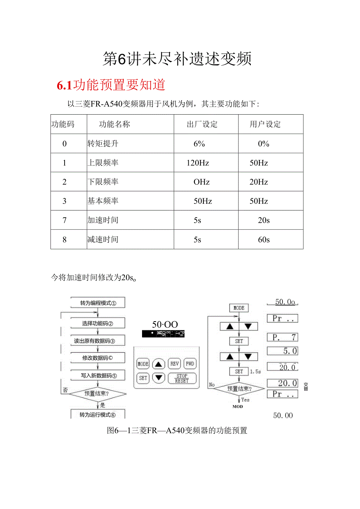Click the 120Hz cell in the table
pyautogui.click(x=198, y=163)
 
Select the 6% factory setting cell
pyautogui.click(x=199, y=144)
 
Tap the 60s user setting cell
pyautogui.click(x=264, y=239)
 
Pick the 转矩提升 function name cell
pyautogui.click(x=103, y=144)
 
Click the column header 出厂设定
pyautogui.click(x=202, y=124)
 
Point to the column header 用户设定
pyautogui.click(x=265, y=124)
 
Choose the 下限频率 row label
pyautogui.click(x=103, y=182)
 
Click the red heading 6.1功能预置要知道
pyautogui.click(x=112, y=85)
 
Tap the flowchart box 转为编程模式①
pyautogui.click(x=98, y=303)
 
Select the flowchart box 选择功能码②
pyautogui.click(x=98, y=323)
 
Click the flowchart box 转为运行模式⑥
pyautogui.click(x=98, y=415)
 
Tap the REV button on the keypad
pyautogui.click(x=174, y=364)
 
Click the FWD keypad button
pyautogui.click(x=190, y=364)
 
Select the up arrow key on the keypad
pyautogui.click(x=158, y=364)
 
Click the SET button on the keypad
pyautogui.click(x=143, y=378)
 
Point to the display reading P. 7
pyautogui.click(x=282, y=337)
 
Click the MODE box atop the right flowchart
pyautogui.click(x=239, y=308)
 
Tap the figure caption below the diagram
pyautogui.click(x=177, y=430)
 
